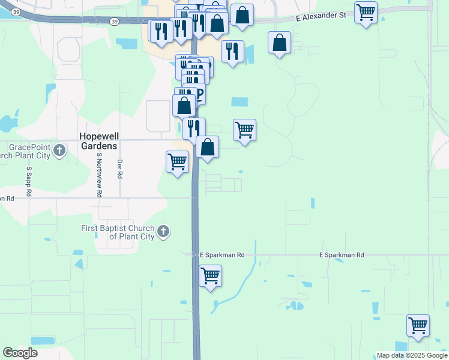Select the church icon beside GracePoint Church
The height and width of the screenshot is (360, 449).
[59, 150]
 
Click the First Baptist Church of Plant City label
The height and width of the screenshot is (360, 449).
[118, 232]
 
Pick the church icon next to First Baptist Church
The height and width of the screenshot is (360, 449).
[163, 232]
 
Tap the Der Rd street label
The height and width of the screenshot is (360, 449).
[120, 169]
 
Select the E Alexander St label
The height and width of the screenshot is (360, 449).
[322, 18]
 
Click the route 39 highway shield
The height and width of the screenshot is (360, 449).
[16, 12]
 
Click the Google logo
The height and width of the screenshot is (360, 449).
[20, 353]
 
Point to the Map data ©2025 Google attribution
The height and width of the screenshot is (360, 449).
[412, 355]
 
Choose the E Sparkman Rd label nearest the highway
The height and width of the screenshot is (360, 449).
[222, 255]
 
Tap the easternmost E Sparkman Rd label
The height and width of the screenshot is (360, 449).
[342, 255]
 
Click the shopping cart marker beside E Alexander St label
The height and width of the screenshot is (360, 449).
[366, 11]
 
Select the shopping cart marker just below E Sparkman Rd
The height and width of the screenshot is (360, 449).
[210, 276]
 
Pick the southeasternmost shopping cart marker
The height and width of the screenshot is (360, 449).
[418, 325]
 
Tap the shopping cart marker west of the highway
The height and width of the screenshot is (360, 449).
[177, 161]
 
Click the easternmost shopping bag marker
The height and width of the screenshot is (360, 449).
[280, 43]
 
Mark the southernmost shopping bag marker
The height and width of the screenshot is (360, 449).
[207, 147]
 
